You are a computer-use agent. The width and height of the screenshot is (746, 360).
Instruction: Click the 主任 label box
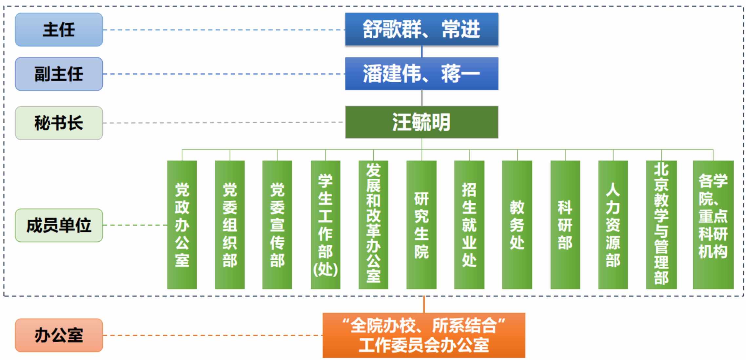59,30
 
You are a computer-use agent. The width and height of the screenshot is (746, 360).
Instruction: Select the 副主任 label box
59,74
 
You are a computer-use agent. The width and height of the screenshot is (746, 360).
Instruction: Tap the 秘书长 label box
59,123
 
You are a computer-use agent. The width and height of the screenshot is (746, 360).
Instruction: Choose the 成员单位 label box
59,225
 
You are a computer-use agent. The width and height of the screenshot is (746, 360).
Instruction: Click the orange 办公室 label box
59,335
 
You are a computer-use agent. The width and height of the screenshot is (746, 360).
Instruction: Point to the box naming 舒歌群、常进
422,29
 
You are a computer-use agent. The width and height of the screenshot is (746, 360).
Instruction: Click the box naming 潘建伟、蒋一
422,74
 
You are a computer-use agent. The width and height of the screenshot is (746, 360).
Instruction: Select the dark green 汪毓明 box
422,122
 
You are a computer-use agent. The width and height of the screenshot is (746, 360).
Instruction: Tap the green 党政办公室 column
182,225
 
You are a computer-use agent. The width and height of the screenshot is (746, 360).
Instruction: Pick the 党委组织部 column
230,225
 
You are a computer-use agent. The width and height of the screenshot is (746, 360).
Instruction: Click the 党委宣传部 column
277,225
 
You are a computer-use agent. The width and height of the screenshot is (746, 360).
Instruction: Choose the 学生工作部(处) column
325,225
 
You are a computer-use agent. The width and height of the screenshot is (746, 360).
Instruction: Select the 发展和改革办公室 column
373,225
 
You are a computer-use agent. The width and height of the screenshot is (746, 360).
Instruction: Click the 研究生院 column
422,225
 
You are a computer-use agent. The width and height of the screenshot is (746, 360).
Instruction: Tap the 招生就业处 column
469,225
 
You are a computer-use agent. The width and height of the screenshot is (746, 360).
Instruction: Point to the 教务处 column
517,225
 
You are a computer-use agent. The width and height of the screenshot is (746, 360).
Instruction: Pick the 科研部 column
565,225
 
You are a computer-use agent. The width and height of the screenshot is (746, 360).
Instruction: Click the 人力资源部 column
613,225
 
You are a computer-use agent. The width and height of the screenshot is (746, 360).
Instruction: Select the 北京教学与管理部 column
661,225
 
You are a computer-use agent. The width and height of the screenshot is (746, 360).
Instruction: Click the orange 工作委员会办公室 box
424,335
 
